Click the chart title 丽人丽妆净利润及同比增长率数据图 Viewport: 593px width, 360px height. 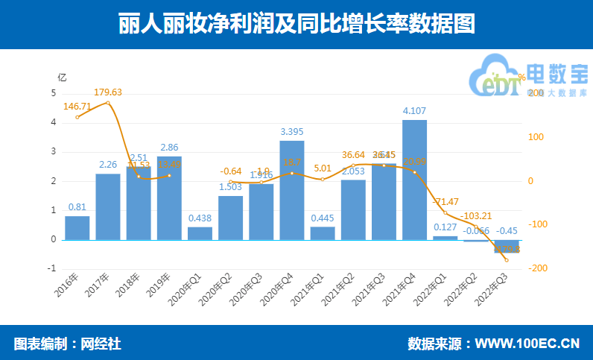pos(296,24)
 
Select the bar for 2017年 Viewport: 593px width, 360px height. pos(108,206)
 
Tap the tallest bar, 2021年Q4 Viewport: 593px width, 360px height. pos(414,180)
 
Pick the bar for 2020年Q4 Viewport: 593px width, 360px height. pos(292,190)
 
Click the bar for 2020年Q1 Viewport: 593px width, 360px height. pos(200,233)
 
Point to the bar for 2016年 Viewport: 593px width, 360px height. pos(77,228)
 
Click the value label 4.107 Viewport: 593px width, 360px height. pos(414,111)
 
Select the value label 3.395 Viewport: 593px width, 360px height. pos(292,132)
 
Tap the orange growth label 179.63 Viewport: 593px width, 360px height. pos(108,92)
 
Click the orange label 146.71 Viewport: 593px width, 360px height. pos(77,107)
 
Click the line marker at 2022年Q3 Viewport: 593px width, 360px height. pos(507,259)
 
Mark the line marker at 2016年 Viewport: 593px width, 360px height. pos(77,117)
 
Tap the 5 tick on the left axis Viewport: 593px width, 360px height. pos(53,93)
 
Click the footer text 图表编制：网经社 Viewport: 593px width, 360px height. pos(67,344)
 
